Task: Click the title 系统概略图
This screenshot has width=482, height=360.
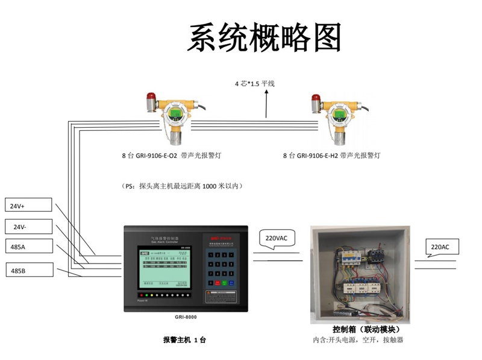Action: tap(264, 39)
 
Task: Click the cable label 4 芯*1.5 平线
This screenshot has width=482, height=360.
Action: tap(254, 84)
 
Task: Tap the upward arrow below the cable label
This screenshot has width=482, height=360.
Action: tap(266, 105)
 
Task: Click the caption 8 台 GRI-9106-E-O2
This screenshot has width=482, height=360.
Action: tap(158, 156)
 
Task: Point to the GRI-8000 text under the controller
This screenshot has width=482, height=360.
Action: tap(185, 317)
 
